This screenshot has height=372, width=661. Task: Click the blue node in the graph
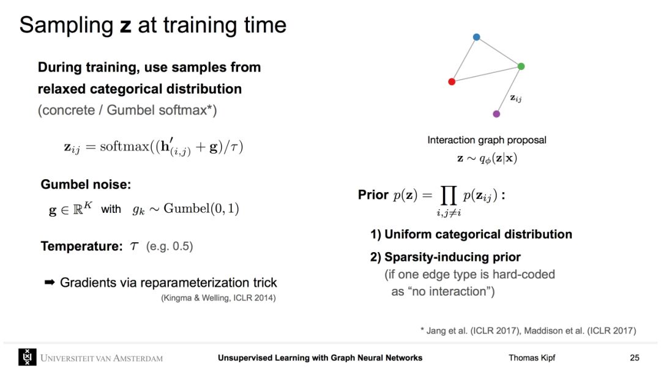pyautogui.click(x=476, y=37)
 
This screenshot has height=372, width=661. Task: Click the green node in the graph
pyautogui.click(x=521, y=66)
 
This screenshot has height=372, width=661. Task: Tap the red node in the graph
pyautogui.click(x=452, y=81)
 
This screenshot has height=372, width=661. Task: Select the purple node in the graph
pyautogui.click(x=496, y=114)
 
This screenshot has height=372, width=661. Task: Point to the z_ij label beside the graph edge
pyautogui.click(x=516, y=98)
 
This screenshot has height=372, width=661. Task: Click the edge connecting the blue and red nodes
pyautogui.click(x=464, y=59)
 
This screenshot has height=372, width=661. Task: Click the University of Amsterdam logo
pyautogui.click(x=28, y=357)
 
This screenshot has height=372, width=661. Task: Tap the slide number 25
pyautogui.click(x=635, y=358)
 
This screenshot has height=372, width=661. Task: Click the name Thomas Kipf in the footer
pyautogui.click(x=532, y=358)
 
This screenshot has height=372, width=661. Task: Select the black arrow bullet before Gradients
pyautogui.click(x=50, y=282)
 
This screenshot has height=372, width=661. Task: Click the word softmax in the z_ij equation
pyautogui.click(x=124, y=146)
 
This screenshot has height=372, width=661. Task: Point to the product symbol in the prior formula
pyautogui.click(x=448, y=195)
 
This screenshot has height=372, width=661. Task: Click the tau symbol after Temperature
pyautogui.click(x=134, y=247)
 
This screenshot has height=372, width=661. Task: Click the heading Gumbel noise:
pyautogui.click(x=86, y=184)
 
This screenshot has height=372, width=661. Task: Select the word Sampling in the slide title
pyautogui.click(x=66, y=25)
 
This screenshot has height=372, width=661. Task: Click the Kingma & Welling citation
pyautogui.click(x=218, y=298)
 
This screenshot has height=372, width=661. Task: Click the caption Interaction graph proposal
pyautogui.click(x=487, y=140)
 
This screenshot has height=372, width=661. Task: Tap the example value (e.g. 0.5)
pyautogui.click(x=170, y=247)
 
